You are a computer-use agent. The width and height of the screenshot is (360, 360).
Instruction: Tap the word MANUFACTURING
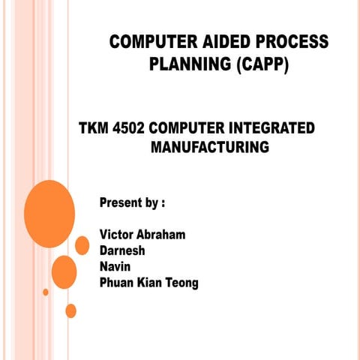pos(209,147)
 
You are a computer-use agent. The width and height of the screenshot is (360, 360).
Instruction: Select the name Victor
pos(118,235)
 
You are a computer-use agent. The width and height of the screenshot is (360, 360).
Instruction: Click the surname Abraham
pos(163,235)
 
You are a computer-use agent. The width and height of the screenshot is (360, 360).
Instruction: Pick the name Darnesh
pos(122,250)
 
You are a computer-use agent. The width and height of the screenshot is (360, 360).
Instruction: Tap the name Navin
pos(115,266)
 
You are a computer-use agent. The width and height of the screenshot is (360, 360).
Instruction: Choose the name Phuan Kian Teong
pos(148,283)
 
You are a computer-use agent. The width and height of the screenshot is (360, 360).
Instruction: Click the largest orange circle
pos(49,214)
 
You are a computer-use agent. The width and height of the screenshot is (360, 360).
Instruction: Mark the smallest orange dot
pos(46,292)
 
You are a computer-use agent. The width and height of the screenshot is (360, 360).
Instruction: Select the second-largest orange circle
pos(64,271)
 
